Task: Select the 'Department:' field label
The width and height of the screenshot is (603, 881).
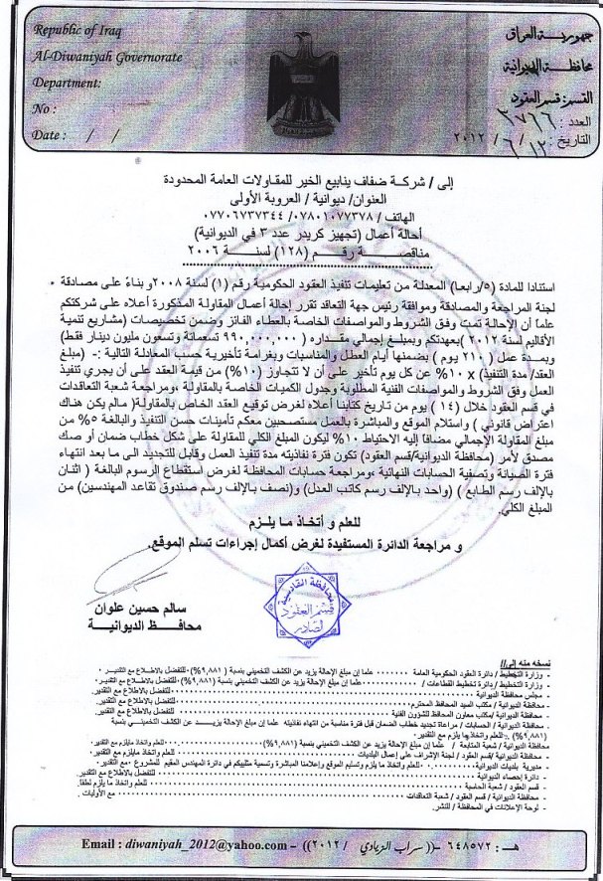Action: coord(66,84)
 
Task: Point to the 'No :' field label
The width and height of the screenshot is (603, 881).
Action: coord(45,108)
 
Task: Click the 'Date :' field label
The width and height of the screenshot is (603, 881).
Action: coord(50,133)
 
